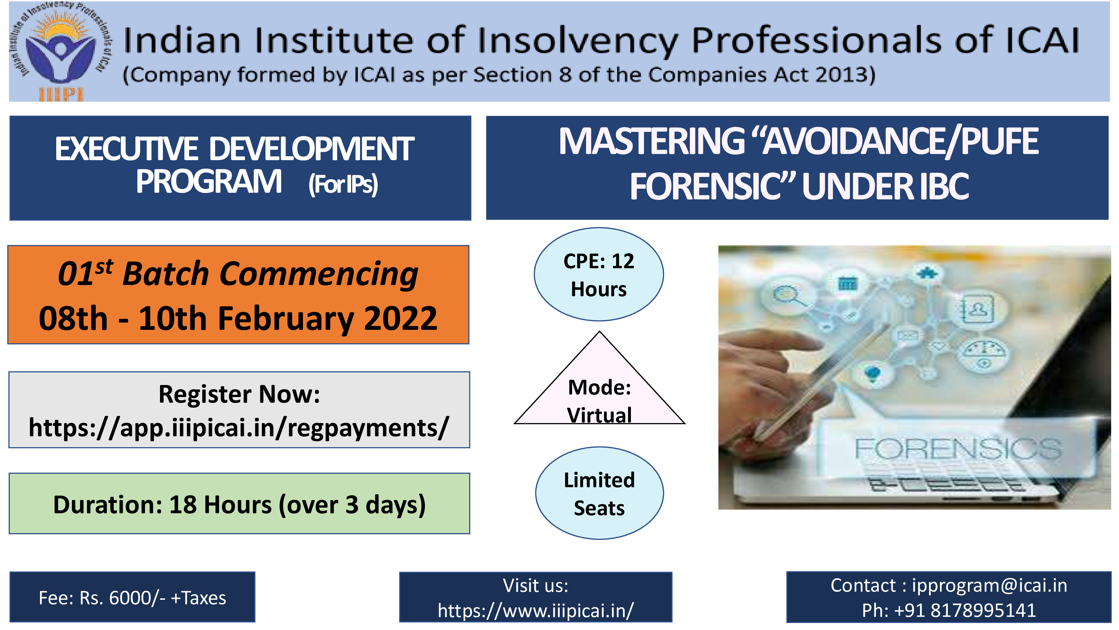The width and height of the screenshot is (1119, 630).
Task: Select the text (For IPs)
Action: click(x=343, y=184)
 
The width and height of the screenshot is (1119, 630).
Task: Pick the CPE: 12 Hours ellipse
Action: click(x=599, y=274)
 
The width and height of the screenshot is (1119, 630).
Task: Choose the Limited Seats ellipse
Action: click(x=600, y=493)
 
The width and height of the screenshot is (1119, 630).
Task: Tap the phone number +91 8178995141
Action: click(x=965, y=610)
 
